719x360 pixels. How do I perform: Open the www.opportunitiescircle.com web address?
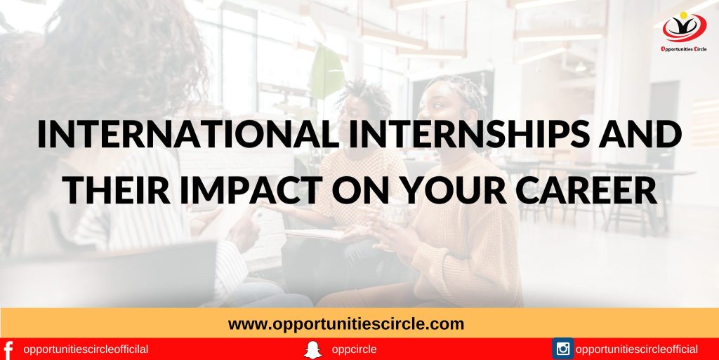(x=346, y=324)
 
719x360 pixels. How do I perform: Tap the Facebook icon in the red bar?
(x=8, y=349)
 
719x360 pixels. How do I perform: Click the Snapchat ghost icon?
(x=312, y=349)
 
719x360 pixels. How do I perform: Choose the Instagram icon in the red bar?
(x=562, y=349)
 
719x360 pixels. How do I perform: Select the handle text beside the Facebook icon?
(x=86, y=349)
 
